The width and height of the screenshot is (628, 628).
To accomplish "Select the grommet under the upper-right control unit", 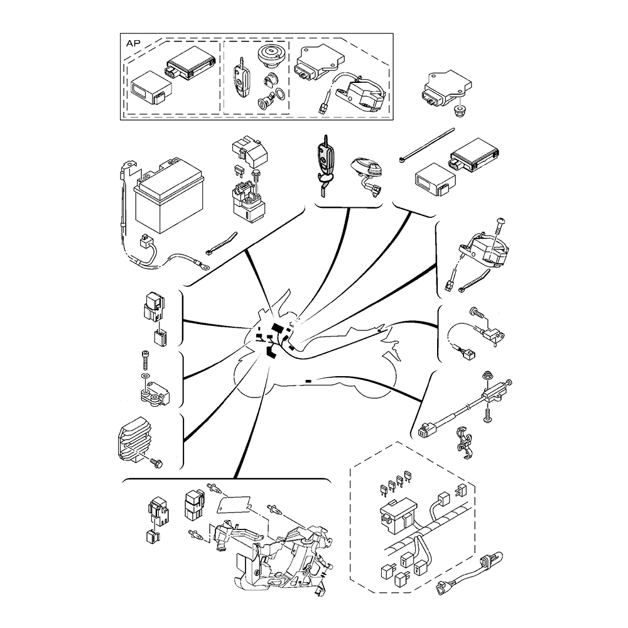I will [x=458, y=110].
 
